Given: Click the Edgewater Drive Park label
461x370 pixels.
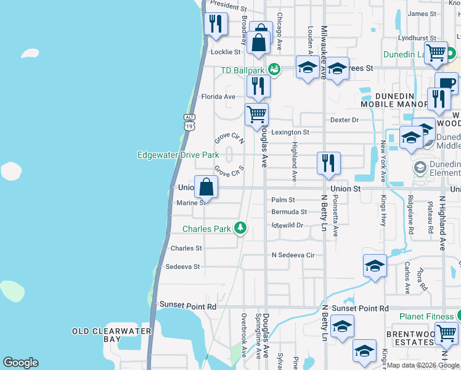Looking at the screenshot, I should (x=178, y=154).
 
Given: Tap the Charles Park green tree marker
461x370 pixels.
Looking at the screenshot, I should (x=240, y=229).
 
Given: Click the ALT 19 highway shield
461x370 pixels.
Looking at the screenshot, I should (x=189, y=121).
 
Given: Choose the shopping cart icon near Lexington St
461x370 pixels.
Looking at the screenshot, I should (x=256, y=114).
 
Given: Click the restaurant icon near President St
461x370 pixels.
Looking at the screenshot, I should (x=215, y=24).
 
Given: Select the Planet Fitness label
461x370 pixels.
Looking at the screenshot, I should (x=426, y=316).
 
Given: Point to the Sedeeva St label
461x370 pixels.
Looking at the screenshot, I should (x=183, y=267).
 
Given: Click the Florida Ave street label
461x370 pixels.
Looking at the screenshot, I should (x=219, y=97).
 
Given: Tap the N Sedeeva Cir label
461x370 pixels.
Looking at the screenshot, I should (x=293, y=255).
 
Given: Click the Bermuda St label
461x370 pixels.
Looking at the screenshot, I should (x=289, y=212).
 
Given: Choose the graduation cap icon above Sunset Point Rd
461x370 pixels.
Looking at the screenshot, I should (x=374, y=266).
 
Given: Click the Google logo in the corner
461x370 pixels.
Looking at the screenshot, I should (x=20, y=363).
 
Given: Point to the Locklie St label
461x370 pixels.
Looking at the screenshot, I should (x=226, y=52).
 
